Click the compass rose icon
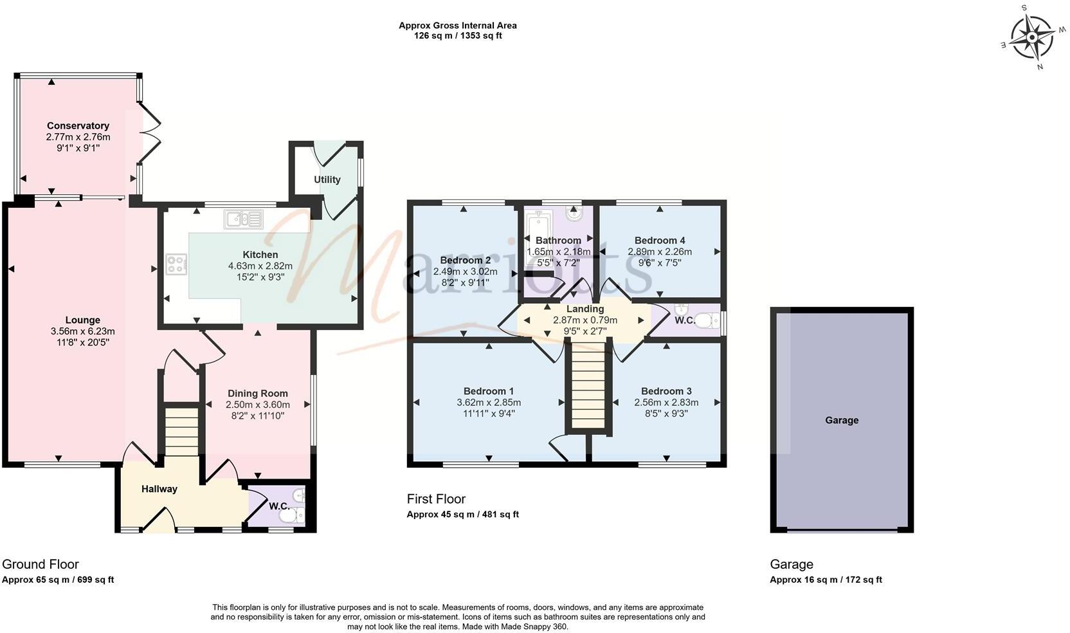(x=1031, y=37)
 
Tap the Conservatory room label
(x=78, y=125)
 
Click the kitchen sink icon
(x=244, y=219)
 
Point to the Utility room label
(x=327, y=179)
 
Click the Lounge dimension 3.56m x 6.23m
(x=83, y=331)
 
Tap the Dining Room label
(x=257, y=393)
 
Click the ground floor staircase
(x=181, y=431)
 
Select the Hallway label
(x=159, y=489)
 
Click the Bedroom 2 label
(x=465, y=260)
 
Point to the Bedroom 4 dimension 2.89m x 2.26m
(x=660, y=252)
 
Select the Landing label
(x=585, y=309)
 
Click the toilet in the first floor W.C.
(x=706, y=320)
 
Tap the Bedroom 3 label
(x=666, y=391)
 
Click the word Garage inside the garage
(x=842, y=420)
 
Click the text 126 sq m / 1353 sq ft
(x=457, y=36)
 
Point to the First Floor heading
(x=436, y=499)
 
